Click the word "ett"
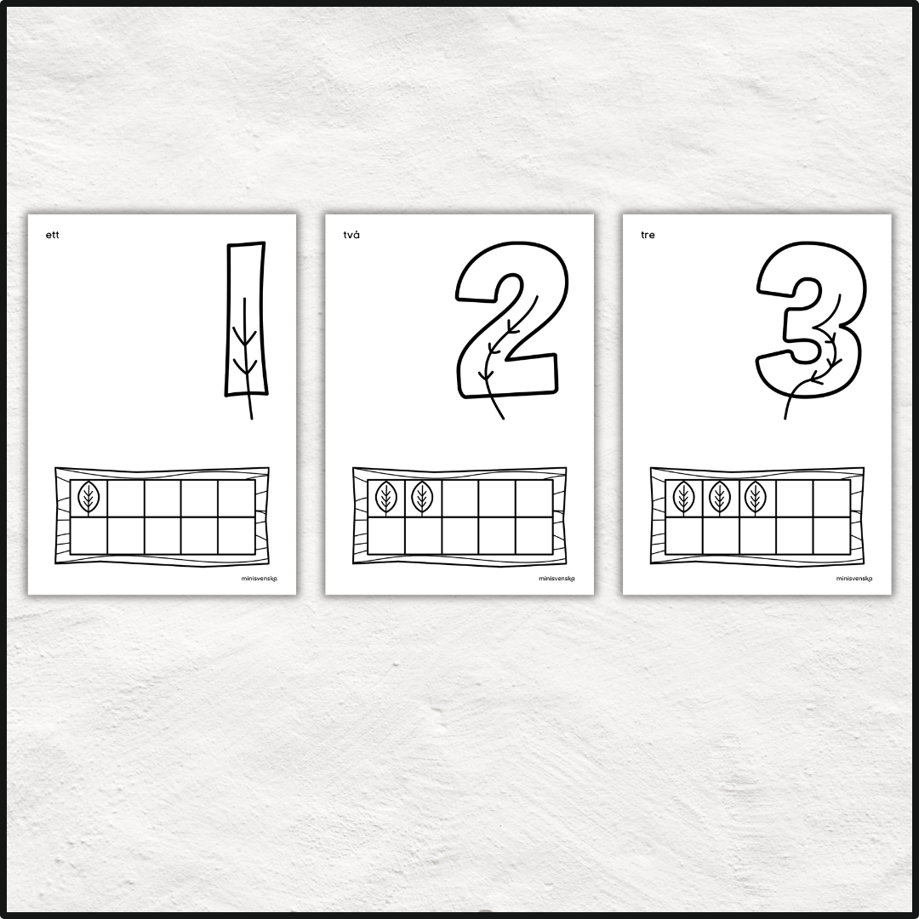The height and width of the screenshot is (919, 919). tap(52, 235)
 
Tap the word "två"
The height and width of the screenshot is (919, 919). tap(351, 235)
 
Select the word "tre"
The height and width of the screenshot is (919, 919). tap(648, 235)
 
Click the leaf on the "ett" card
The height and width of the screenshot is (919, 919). tap(88, 498)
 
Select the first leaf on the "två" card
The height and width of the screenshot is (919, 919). tap(386, 498)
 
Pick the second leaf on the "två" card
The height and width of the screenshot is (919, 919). tap(423, 498)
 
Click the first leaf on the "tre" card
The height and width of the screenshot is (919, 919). tap(683, 498)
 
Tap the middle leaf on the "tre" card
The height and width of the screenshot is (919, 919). tap(720, 498)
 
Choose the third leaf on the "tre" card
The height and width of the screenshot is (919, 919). tap(756, 498)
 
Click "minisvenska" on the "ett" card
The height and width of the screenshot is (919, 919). tap(259, 579)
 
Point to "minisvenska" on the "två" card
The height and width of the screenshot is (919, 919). tap(557, 579)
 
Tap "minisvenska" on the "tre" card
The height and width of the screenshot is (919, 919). tap(854, 579)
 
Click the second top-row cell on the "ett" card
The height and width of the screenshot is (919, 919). tap(125, 499)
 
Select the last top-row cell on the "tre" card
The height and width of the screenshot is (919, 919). tap(831, 499)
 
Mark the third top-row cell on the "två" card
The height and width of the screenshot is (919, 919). tap(460, 499)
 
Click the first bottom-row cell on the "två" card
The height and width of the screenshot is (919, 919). tap(386, 535)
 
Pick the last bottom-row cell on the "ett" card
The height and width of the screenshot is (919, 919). tap(237, 535)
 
